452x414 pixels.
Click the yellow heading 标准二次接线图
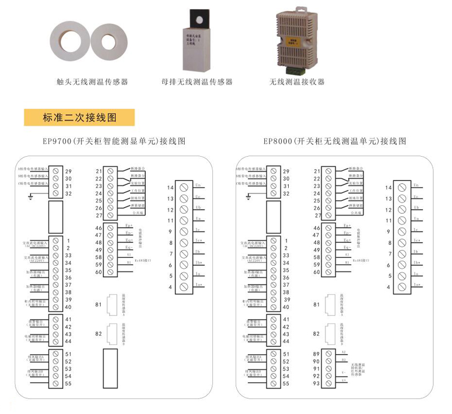point(79,118)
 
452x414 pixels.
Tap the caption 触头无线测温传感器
point(93,82)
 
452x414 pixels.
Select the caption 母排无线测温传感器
point(197,82)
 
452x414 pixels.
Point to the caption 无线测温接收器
point(297,82)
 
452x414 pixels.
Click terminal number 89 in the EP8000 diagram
point(316,354)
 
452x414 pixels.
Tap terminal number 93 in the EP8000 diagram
point(316,383)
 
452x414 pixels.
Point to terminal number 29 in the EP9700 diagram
point(68,171)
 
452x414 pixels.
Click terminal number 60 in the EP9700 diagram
point(99,272)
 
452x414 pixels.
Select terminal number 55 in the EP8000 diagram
point(286,383)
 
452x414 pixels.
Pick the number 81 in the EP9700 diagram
point(98,305)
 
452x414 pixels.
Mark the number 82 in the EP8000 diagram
point(317,334)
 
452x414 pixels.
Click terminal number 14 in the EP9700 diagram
point(170,187)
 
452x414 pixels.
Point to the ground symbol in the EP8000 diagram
point(247,196)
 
